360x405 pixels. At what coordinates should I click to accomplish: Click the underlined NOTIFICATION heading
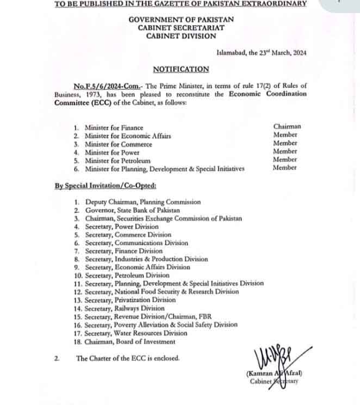181,69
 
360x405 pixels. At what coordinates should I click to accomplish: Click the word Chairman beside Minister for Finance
287,126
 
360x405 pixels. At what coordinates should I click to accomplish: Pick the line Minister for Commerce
118,144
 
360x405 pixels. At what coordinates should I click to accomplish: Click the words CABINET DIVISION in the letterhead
181,36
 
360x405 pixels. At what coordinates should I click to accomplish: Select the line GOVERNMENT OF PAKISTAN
181,20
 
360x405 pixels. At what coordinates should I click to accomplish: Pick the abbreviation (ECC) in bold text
94,102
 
